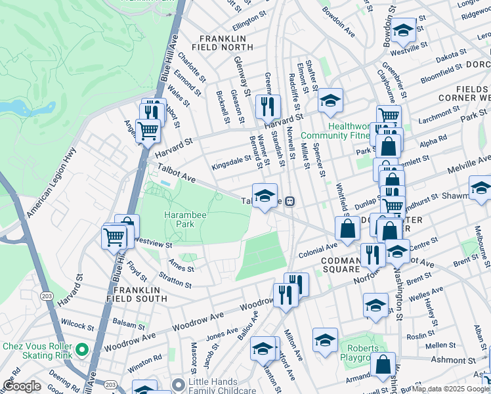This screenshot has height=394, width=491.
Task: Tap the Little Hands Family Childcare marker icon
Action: [178, 384]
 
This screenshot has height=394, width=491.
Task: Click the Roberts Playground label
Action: [362, 353]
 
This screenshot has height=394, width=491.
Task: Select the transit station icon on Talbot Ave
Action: [289, 201]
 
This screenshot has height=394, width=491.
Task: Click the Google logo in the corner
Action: [22, 386]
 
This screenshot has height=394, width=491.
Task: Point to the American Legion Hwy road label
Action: [51, 182]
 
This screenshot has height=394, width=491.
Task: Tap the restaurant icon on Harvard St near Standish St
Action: [267, 106]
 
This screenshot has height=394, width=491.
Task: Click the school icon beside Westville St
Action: [404, 29]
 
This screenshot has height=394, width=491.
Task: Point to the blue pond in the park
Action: [16, 108]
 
